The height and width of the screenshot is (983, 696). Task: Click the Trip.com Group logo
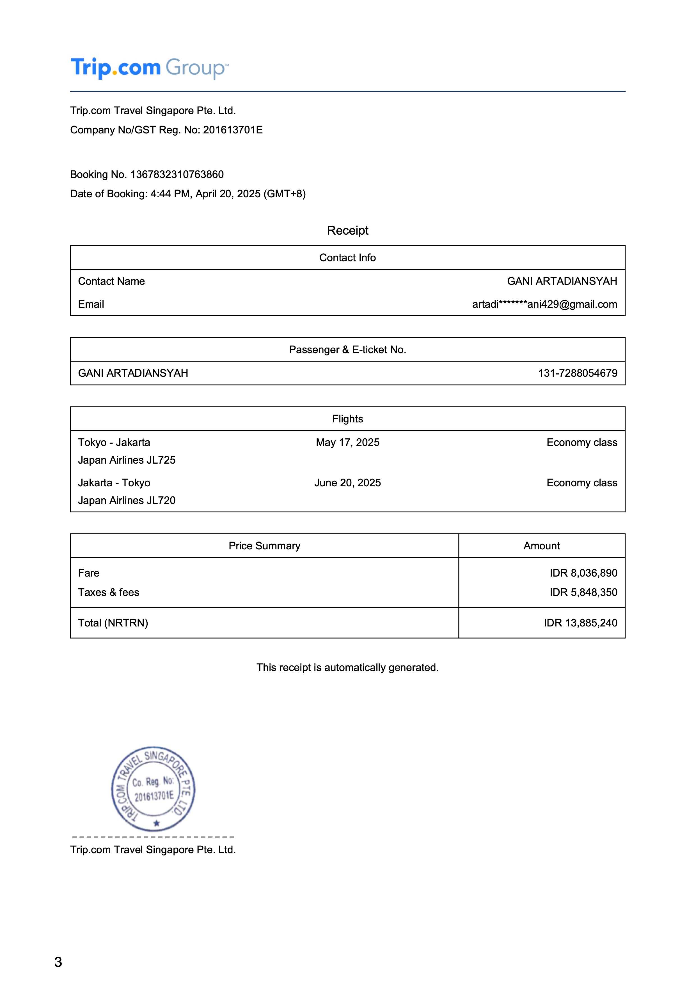pyautogui.click(x=150, y=68)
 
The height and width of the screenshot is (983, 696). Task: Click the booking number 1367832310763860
pyautogui.click(x=177, y=174)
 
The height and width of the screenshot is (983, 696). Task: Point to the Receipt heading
pyautogui.click(x=347, y=230)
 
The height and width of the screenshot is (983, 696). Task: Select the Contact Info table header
pyautogui.click(x=347, y=258)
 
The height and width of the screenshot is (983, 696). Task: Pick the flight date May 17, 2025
pyautogui.click(x=347, y=442)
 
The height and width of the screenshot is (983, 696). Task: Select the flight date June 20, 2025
pyautogui.click(x=347, y=483)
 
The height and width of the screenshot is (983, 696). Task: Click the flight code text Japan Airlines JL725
pyautogui.click(x=127, y=460)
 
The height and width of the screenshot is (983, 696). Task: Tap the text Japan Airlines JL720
pyautogui.click(x=127, y=501)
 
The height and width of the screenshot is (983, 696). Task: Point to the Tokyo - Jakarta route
pyautogui.click(x=114, y=442)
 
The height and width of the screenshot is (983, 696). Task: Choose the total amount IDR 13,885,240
pyautogui.click(x=580, y=623)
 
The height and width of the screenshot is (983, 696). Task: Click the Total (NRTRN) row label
pyautogui.click(x=113, y=623)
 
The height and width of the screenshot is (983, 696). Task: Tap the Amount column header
pyautogui.click(x=541, y=546)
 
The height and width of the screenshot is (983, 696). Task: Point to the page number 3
pyautogui.click(x=58, y=962)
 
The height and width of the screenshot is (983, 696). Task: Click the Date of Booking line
pyautogui.click(x=188, y=194)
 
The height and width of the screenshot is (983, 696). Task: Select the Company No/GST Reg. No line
pyautogui.click(x=166, y=130)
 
